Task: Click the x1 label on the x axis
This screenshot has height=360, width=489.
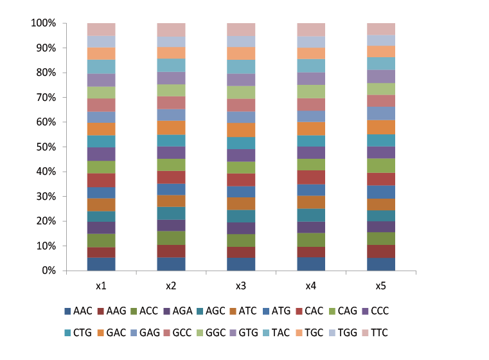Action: [x=102, y=285]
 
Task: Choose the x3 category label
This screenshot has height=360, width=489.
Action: [x=241, y=285]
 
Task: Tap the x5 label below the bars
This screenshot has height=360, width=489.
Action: [x=380, y=285]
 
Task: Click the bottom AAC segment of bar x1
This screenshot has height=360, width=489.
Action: [x=102, y=264]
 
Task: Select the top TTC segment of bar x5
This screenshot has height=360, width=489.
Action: [x=380, y=29]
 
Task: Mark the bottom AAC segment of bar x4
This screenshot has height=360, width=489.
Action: [x=311, y=264]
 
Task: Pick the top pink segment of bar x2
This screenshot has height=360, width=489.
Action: [x=172, y=30]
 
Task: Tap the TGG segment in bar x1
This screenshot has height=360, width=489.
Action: [x=102, y=41]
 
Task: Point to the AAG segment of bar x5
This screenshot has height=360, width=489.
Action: [x=380, y=251]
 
